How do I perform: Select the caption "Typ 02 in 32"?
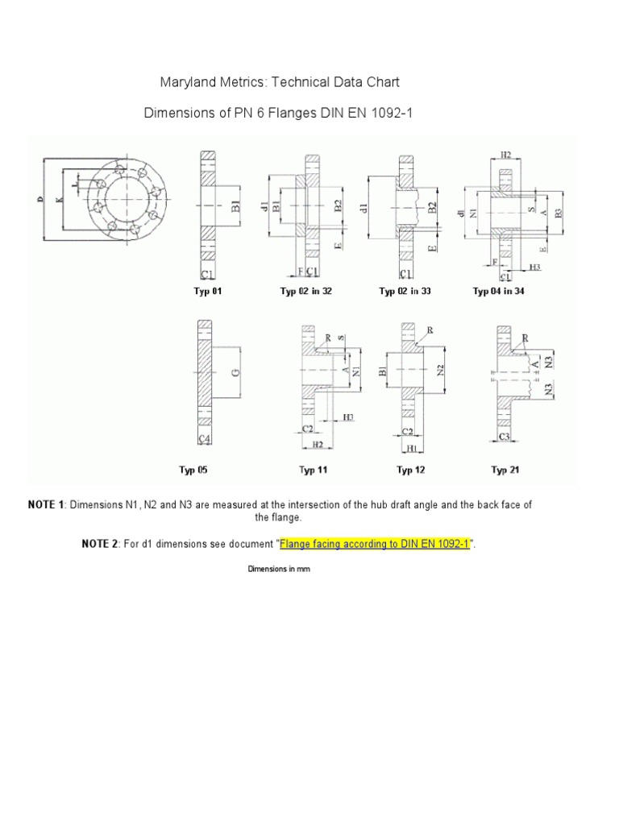(x=305, y=292)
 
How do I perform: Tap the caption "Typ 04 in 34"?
(x=498, y=292)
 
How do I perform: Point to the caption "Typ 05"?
(x=198, y=469)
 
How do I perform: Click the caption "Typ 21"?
(x=505, y=469)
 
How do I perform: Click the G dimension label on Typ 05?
(x=235, y=372)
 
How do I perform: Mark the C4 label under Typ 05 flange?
(x=206, y=438)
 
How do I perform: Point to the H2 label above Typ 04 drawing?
(x=505, y=154)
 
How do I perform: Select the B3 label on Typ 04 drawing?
(x=556, y=214)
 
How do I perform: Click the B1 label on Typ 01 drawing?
(x=235, y=206)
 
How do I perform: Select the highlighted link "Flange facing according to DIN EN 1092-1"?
(x=375, y=544)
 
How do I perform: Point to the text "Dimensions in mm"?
(x=278, y=569)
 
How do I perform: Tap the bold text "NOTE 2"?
(x=100, y=544)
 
